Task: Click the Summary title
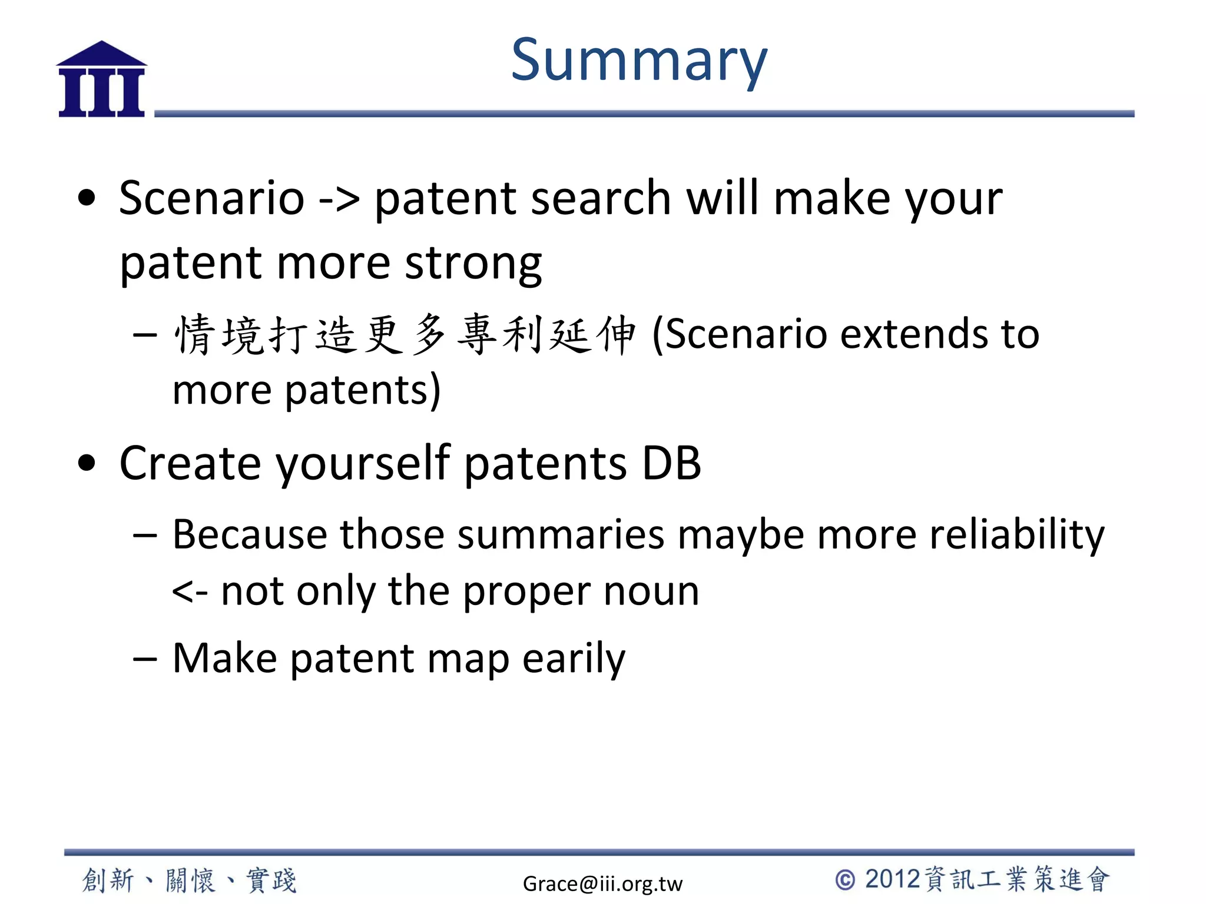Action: coord(639,61)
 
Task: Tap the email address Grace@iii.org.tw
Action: coord(602,883)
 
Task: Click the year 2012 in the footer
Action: coord(892,879)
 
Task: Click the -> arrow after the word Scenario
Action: coord(339,199)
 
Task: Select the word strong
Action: coord(473,264)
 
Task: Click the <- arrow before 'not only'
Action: coord(189,592)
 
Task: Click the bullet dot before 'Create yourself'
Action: coord(87,463)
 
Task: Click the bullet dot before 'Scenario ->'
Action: coord(87,198)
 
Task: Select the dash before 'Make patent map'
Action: coord(145,659)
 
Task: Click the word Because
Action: coord(250,535)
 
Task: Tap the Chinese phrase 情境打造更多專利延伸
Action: coord(405,335)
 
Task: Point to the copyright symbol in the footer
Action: coord(844,880)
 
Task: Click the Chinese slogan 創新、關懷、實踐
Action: coord(190,880)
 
